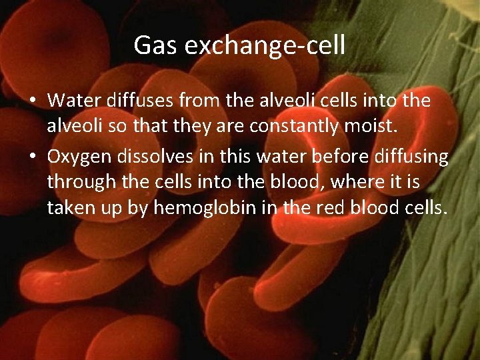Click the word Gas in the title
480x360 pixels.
click(x=153, y=45)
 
